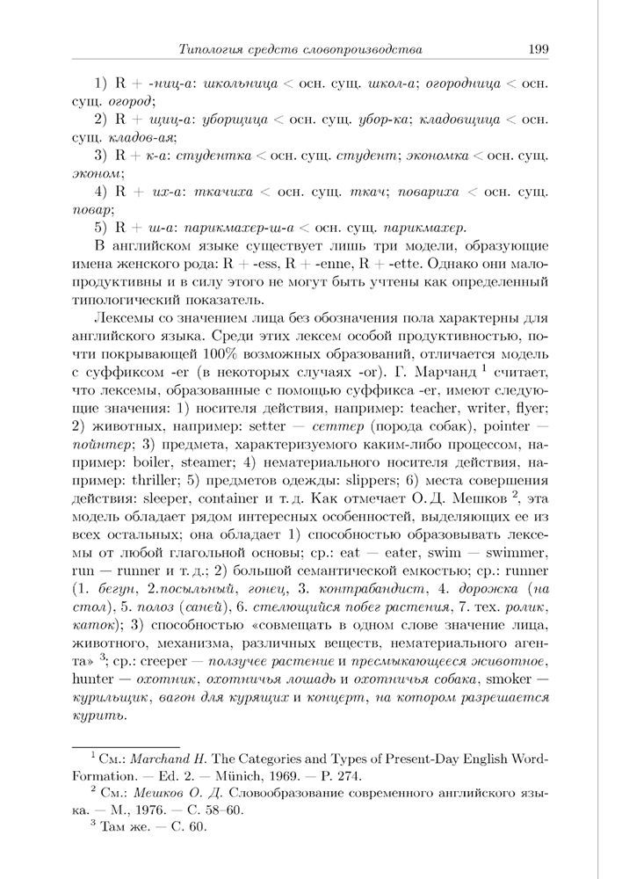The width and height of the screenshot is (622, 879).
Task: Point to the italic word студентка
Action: (213, 156)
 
